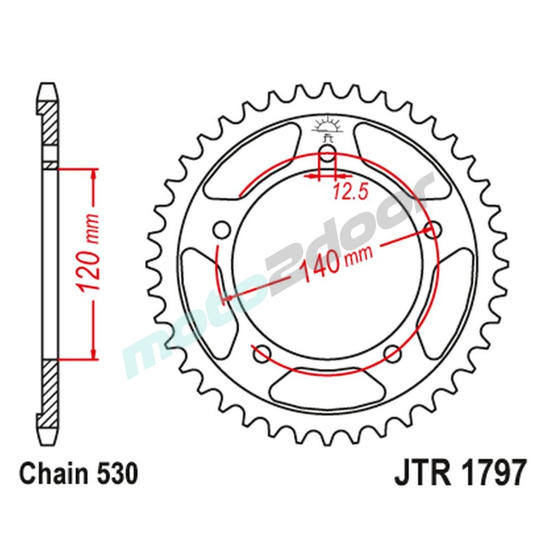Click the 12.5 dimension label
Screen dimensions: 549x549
coord(343,191)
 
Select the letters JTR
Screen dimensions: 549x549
coord(418,474)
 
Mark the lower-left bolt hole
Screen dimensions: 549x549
coord(262,352)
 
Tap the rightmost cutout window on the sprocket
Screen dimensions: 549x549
coord(450,296)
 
